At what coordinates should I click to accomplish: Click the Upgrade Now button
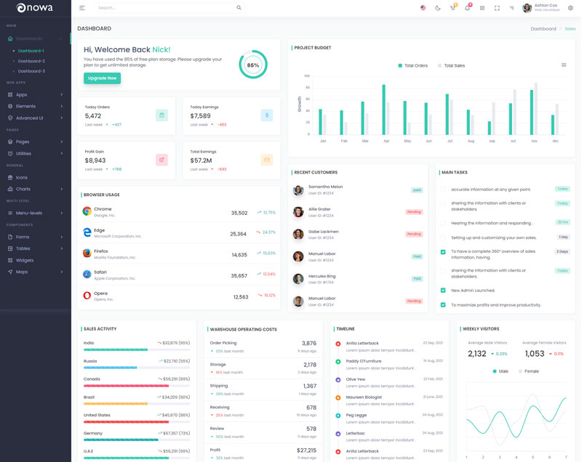pyautogui.click(x=102, y=78)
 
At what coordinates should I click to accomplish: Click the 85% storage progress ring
pyautogui.click(x=252, y=65)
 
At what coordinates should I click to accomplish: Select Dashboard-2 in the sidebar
pyautogui.click(x=31, y=61)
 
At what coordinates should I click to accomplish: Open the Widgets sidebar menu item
pyautogui.click(x=25, y=260)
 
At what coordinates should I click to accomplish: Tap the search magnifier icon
pyautogui.click(x=239, y=8)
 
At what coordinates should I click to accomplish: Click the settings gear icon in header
pyautogui.click(x=570, y=8)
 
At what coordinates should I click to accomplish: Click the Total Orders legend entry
pyautogui.click(x=412, y=65)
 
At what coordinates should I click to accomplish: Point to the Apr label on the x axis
pyautogui.click(x=386, y=141)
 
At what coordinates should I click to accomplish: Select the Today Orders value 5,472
pyautogui.click(x=93, y=116)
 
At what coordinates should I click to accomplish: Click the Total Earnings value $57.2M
pyautogui.click(x=201, y=161)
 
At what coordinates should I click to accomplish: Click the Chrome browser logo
pyautogui.click(x=87, y=211)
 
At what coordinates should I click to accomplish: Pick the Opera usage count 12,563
pyautogui.click(x=241, y=297)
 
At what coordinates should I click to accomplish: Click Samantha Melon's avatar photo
pyautogui.click(x=298, y=190)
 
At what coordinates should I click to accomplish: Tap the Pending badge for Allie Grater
pyautogui.click(x=414, y=212)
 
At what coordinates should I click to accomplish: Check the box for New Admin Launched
pyautogui.click(x=443, y=291)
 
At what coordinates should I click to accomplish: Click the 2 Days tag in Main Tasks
pyautogui.click(x=562, y=251)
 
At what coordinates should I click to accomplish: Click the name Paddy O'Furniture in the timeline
pyautogui.click(x=363, y=361)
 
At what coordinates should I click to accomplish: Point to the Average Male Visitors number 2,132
pyautogui.click(x=477, y=354)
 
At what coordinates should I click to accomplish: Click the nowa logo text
pyautogui.click(x=40, y=8)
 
